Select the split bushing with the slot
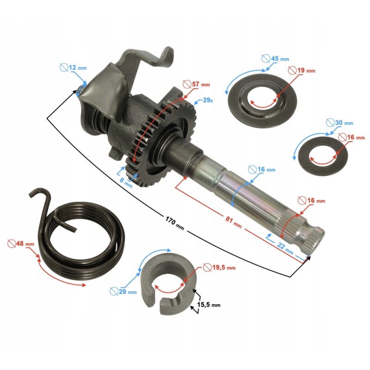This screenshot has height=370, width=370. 169,282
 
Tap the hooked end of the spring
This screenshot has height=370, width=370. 42,194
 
